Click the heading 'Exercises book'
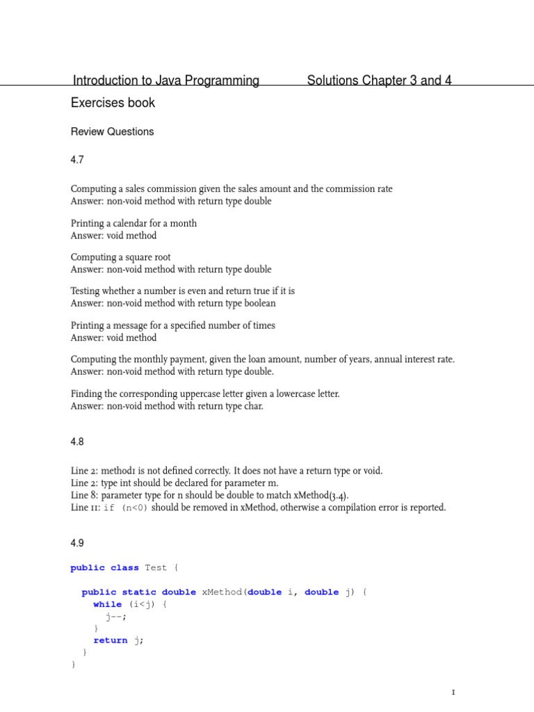(x=113, y=103)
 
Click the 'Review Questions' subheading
(x=112, y=131)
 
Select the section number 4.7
(x=77, y=160)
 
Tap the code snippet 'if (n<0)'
(x=125, y=508)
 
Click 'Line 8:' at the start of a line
(x=85, y=495)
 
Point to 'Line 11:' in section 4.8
(x=86, y=508)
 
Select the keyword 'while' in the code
(x=107, y=604)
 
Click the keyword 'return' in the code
(x=110, y=640)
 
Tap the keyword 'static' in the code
(x=139, y=592)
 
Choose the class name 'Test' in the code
(x=156, y=567)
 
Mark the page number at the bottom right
(x=453, y=693)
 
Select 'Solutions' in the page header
(x=332, y=81)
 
